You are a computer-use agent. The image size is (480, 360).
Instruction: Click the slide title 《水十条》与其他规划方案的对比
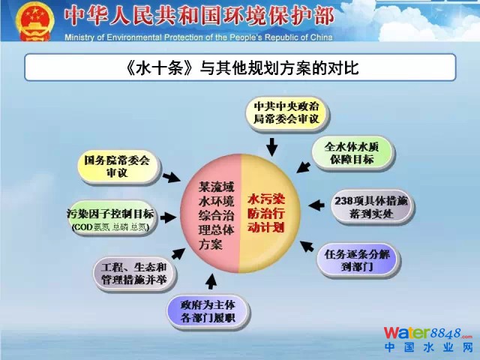(240, 68)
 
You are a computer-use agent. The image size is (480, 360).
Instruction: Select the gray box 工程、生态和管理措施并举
(134, 274)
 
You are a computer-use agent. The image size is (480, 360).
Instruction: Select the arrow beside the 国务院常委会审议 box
(172, 177)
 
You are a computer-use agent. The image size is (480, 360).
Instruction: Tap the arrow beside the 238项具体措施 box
(317, 202)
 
